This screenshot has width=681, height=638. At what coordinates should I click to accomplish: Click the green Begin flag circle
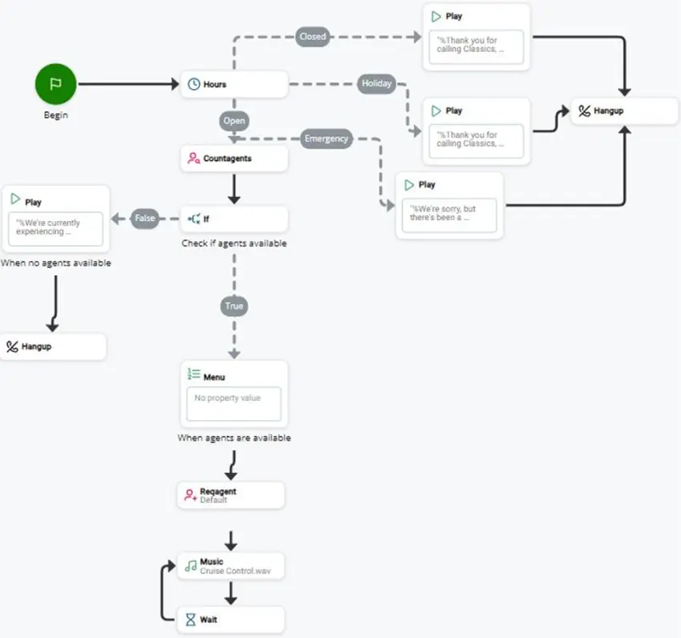(55, 84)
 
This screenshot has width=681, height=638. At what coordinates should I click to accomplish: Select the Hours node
(234, 84)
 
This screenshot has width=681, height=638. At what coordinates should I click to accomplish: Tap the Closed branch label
(313, 37)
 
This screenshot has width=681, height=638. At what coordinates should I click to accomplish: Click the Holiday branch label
(377, 83)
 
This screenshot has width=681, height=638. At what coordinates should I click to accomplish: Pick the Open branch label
(234, 121)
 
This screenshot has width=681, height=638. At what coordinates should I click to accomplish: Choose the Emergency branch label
(326, 138)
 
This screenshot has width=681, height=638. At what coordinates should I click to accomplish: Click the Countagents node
(234, 158)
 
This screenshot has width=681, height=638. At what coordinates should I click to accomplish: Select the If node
(234, 219)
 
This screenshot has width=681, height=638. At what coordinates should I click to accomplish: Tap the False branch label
(145, 218)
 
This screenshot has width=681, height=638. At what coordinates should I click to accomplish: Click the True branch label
(234, 306)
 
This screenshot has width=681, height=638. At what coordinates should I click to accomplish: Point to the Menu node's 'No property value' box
(234, 404)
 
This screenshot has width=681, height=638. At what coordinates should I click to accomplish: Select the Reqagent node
(230, 496)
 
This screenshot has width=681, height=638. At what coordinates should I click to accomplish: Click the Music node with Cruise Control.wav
(230, 566)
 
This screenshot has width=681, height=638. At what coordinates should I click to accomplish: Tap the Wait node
(230, 620)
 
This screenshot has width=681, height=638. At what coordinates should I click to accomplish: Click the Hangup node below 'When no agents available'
(53, 347)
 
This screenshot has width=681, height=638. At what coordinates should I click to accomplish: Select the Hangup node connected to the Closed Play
(624, 111)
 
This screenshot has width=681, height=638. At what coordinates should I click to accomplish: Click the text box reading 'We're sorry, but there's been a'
(449, 215)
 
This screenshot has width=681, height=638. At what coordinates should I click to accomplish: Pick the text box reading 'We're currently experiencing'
(55, 229)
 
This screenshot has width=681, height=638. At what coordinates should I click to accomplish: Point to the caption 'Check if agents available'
(234, 243)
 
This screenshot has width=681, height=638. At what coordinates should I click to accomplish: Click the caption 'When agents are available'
(234, 438)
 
